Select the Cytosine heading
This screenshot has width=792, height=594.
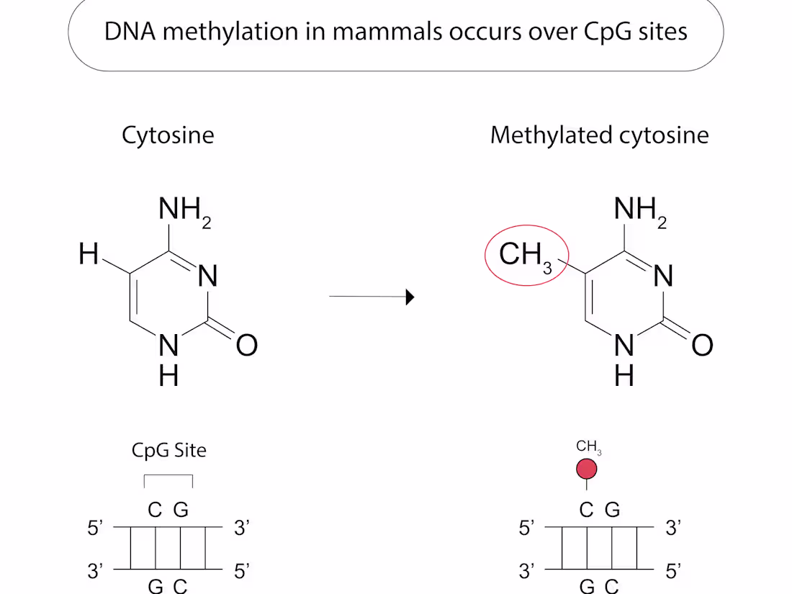pyautogui.click(x=168, y=136)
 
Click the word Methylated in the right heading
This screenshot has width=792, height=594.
pyautogui.click(x=552, y=135)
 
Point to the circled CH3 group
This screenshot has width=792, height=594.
pyautogui.click(x=526, y=255)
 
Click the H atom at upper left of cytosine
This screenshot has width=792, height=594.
pyautogui.click(x=89, y=253)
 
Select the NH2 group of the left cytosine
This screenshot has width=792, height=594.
pyautogui.click(x=184, y=211)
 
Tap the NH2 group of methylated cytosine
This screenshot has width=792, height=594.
pyautogui.click(x=640, y=211)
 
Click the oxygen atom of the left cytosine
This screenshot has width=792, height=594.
pyautogui.click(x=247, y=346)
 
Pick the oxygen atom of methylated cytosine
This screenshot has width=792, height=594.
pyautogui.click(x=703, y=346)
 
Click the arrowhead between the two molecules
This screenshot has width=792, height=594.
pyautogui.click(x=410, y=297)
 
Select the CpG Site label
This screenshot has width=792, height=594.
pyautogui.click(x=168, y=450)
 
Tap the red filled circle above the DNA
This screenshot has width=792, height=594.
pyautogui.click(x=586, y=469)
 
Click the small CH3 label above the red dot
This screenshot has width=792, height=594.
pyautogui.click(x=588, y=447)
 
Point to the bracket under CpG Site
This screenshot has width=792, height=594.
pyautogui.click(x=168, y=474)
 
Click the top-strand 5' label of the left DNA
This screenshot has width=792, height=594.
pyautogui.click(x=95, y=528)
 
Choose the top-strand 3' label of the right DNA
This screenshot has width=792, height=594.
pyautogui.click(x=673, y=528)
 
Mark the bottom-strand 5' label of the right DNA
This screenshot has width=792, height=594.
pyautogui.click(x=673, y=571)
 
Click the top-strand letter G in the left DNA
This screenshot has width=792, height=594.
pyautogui.click(x=181, y=510)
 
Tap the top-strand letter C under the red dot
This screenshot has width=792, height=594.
pyautogui.click(x=586, y=510)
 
